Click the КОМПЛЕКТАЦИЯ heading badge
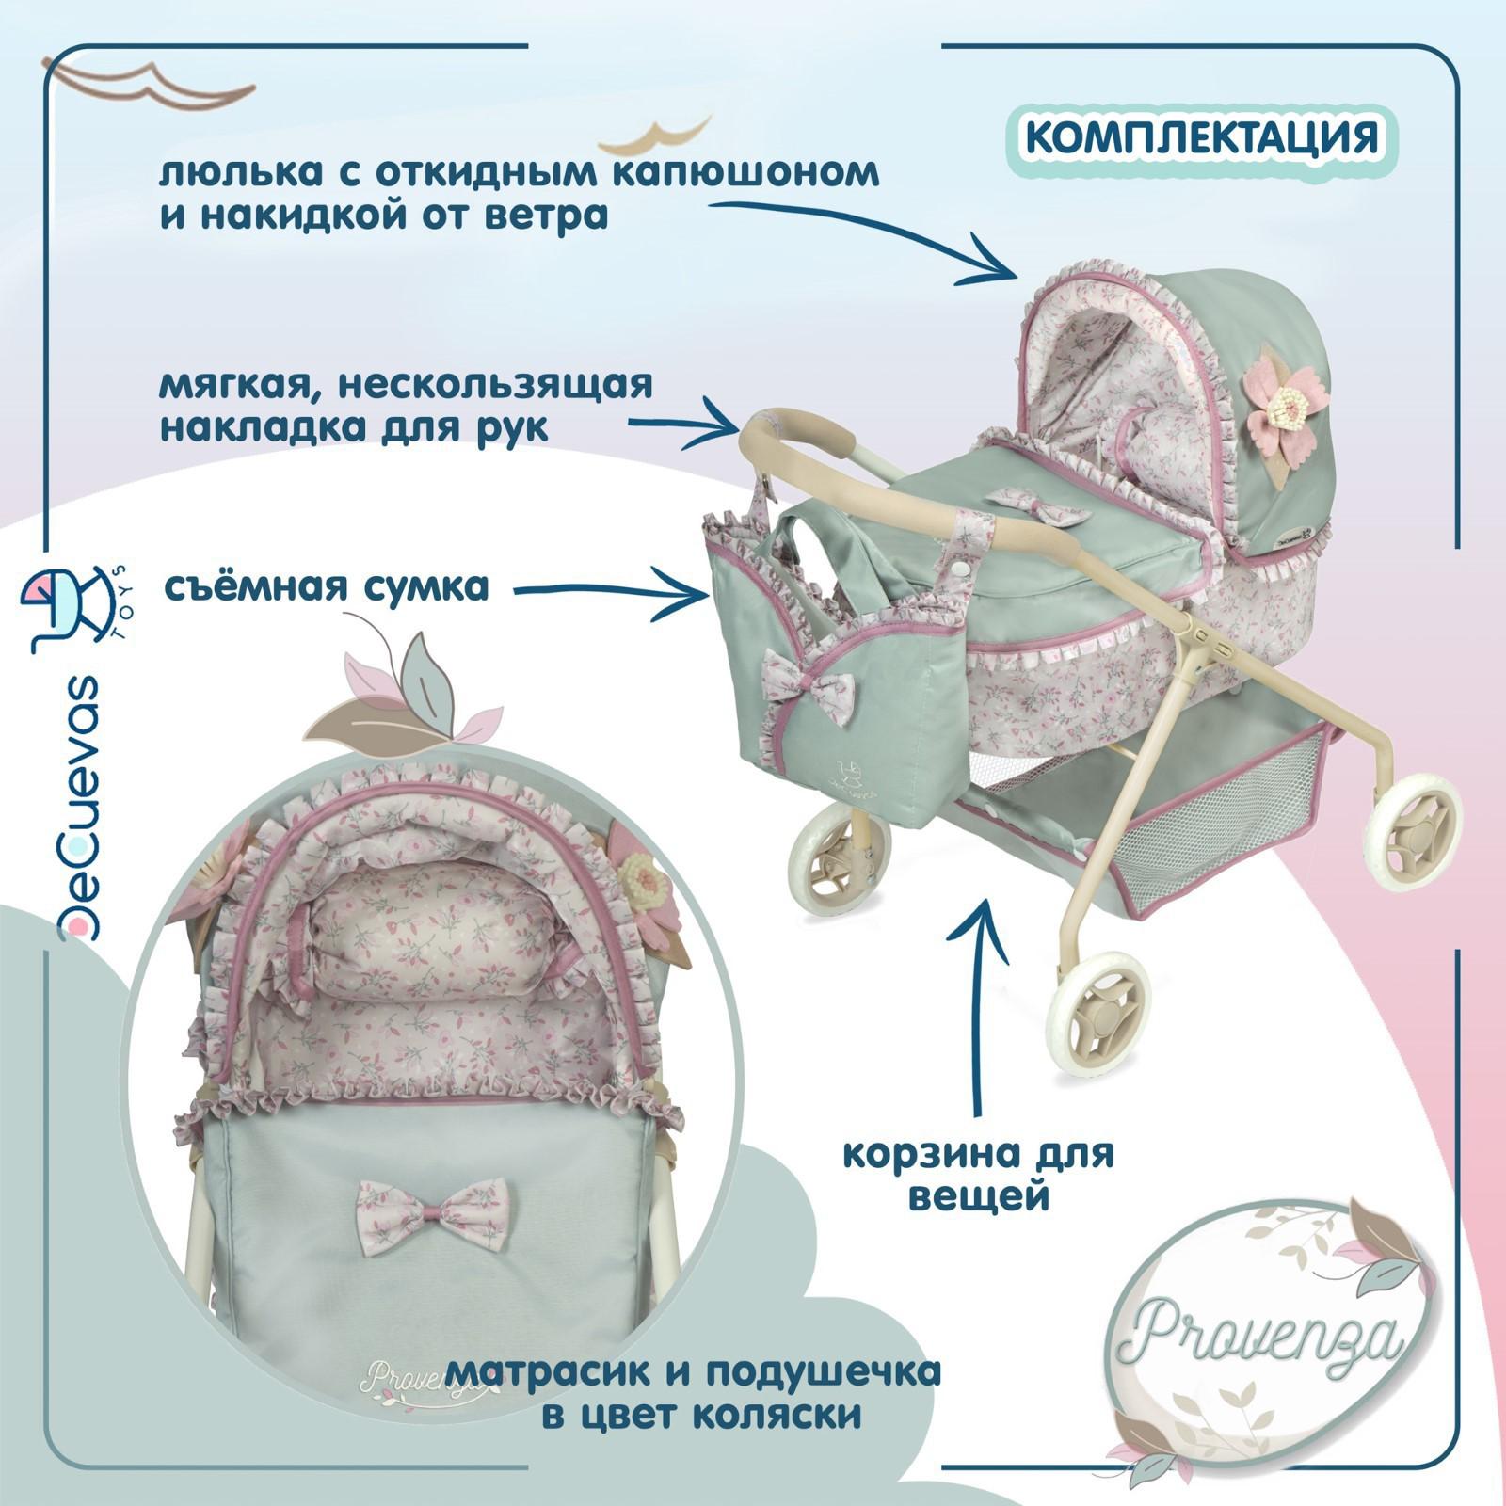[x=1201, y=137]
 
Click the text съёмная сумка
[x=325, y=586]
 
